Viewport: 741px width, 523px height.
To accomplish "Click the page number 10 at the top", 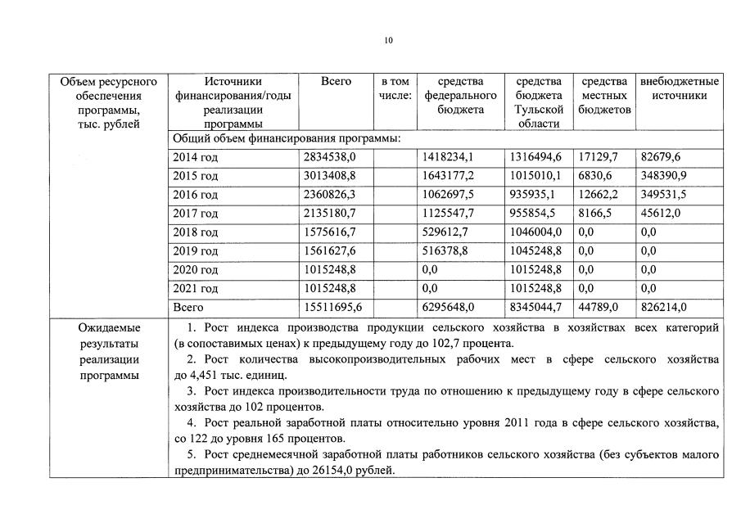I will click(388, 40).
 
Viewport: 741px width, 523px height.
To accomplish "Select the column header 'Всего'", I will click(336, 82).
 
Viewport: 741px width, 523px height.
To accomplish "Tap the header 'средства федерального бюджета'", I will click(460, 95).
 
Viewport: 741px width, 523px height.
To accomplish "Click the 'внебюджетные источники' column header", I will click(679, 88).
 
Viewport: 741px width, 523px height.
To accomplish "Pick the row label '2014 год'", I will click(195, 157).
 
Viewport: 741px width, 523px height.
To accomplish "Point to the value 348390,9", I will click(664, 176).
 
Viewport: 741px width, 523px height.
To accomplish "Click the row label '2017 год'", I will click(195, 214).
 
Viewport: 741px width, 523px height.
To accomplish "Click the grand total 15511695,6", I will click(334, 308).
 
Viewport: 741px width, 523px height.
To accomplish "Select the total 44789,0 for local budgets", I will click(599, 308).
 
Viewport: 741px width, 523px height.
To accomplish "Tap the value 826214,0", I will click(664, 308).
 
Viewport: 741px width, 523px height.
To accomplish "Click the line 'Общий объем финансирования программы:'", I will click(286, 138).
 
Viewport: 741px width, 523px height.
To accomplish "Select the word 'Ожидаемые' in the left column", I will click(109, 327).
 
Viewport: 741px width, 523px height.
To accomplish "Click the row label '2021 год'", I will click(195, 289).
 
